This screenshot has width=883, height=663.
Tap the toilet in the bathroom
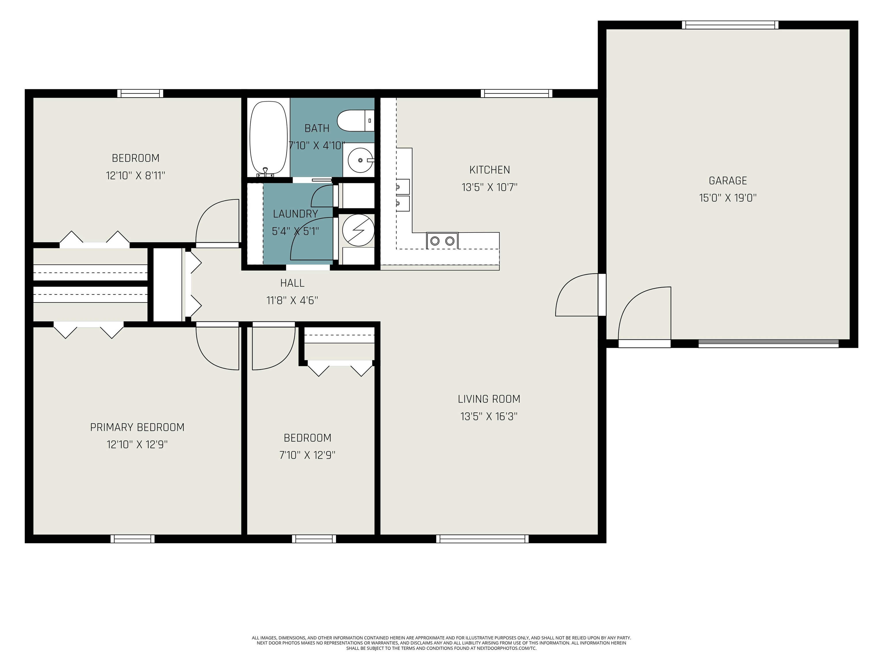pyautogui.click(x=356, y=121)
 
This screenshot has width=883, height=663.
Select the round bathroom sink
pyautogui.click(x=360, y=160)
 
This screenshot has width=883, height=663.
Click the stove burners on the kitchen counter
pyautogui.click(x=442, y=241)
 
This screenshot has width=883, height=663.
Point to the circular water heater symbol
pyautogui.click(x=358, y=230)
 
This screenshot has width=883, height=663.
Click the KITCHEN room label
pyautogui.click(x=490, y=170)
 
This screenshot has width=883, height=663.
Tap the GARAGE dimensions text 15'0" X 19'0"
pyautogui.click(x=728, y=198)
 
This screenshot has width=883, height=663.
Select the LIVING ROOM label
pyautogui.click(x=489, y=399)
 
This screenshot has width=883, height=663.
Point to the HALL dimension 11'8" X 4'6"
pyautogui.click(x=292, y=300)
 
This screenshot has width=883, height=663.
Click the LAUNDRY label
pyautogui.click(x=295, y=214)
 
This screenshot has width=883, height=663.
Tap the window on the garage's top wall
pyautogui.click(x=730, y=25)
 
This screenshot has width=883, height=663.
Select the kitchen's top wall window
pyautogui.click(x=517, y=94)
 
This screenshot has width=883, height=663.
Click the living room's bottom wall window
pyautogui.click(x=482, y=539)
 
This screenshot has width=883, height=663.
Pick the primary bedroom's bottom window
pyautogui.click(x=133, y=539)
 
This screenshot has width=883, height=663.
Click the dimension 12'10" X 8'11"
pyautogui.click(x=135, y=176)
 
